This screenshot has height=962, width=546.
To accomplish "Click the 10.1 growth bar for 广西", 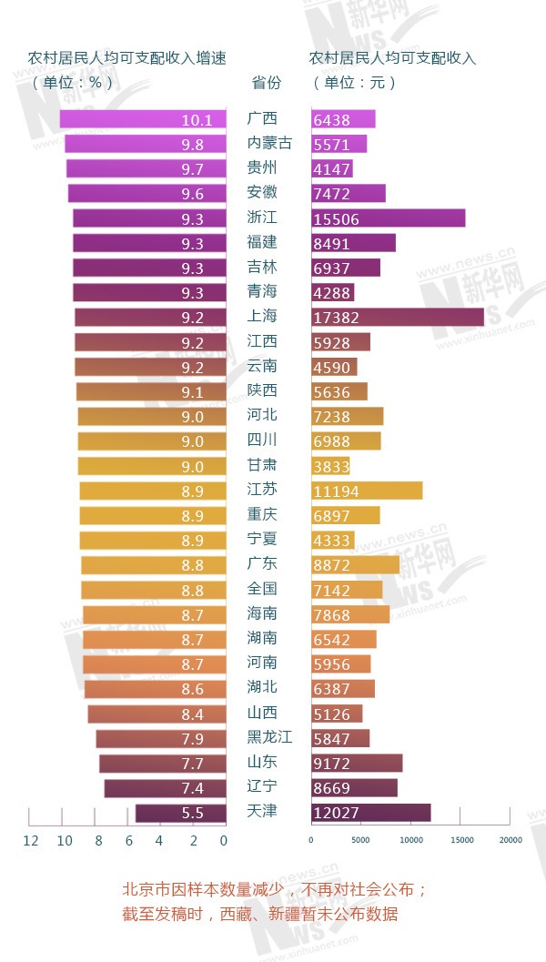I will [x=143, y=119].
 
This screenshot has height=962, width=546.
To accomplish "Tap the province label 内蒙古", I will [x=269, y=144].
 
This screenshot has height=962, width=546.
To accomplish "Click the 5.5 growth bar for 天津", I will [x=180, y=813].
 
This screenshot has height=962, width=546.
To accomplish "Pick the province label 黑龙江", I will [x=269, y=737].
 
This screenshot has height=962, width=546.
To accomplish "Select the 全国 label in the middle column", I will [x=262, y=589].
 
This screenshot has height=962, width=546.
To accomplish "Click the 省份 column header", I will [x=266, y=82].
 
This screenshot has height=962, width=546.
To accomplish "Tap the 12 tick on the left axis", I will [x=30, y=840].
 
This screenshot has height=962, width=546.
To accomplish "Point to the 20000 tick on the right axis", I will [x=510, y=840].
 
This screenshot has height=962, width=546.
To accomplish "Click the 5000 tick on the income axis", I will [x=361, y=840].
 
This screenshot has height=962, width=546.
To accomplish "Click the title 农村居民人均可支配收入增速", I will [x=126, y=57].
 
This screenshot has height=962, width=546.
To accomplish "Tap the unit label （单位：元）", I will [x=355, y=82].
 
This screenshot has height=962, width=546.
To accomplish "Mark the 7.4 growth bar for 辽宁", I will [x=165, y=788].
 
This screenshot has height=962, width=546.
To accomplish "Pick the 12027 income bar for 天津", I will [x=370, y=813].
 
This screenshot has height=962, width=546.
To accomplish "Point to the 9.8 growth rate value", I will [x=192, y=144].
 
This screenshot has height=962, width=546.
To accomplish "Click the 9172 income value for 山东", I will [x=330, y=763].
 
